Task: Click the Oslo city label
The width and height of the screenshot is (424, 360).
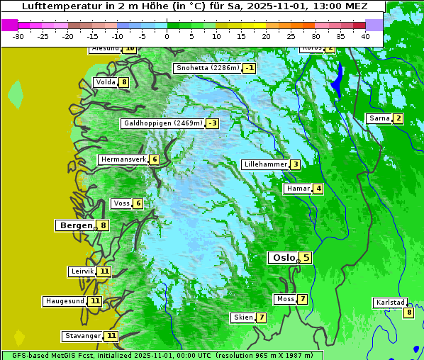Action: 284,258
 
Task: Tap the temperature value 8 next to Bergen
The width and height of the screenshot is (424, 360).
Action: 104,226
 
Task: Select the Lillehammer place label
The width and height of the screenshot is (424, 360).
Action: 265,164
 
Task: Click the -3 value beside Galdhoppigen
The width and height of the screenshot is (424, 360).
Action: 212,123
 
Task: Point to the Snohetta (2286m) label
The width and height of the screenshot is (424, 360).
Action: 207,68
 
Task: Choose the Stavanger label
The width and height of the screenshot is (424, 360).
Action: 82,336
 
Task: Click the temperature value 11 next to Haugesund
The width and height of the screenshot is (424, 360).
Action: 95,301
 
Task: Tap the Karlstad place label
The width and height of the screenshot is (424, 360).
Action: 390,303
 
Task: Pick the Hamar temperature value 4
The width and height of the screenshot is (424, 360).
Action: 319,189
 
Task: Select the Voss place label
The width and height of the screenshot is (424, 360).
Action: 121,203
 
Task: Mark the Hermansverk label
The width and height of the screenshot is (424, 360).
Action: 123,159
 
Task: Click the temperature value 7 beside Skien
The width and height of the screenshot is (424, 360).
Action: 262,317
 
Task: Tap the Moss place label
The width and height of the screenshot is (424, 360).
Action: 285,299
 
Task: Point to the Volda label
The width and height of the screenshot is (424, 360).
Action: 105,82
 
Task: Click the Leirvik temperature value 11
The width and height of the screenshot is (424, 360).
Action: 104,271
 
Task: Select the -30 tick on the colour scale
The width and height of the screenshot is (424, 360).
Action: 19,36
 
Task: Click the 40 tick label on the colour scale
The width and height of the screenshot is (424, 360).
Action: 365,36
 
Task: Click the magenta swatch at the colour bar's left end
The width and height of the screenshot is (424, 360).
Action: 10,25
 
